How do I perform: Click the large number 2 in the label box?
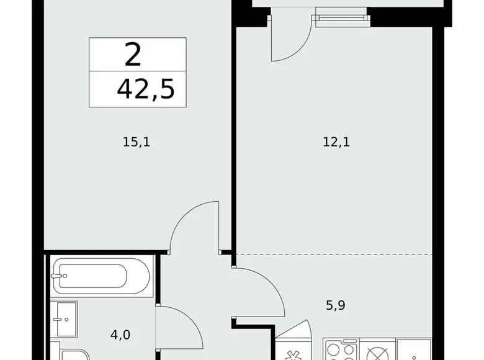[x=133, y=55]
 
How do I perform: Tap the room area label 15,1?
[x=137, y=143]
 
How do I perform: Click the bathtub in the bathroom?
[x=101, y=274]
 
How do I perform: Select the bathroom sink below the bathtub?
[x=63, y=319]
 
